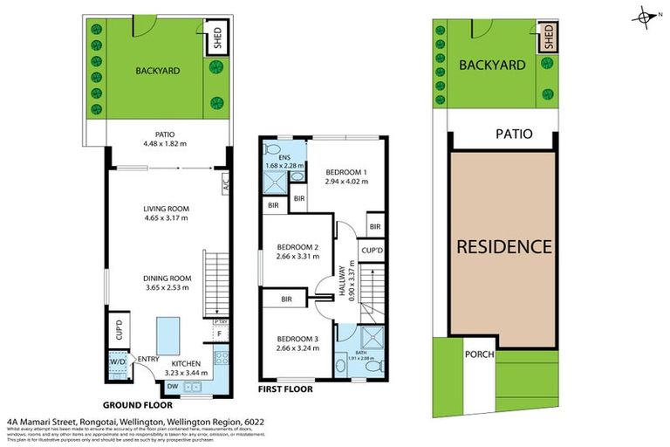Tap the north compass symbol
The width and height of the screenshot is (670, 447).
pyautogui.click(x=646, y=15)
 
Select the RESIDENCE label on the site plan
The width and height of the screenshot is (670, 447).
pyautogui.click(x=505, y=246)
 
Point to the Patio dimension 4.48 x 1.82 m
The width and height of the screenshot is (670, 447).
pyautogui.click(x=166, y=145)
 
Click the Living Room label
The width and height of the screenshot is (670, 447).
pyautogui.click(x=166, y=209)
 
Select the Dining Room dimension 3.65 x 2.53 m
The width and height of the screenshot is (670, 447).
pyautogui.click(x=166, y=289)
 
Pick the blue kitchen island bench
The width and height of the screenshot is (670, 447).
pyautogui.click(x=167, y=334)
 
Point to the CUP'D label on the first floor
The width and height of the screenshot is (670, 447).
pyautogui.click(x=373, y=251)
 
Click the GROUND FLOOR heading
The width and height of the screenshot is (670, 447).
pyautogui.click(x=137, y=405)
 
